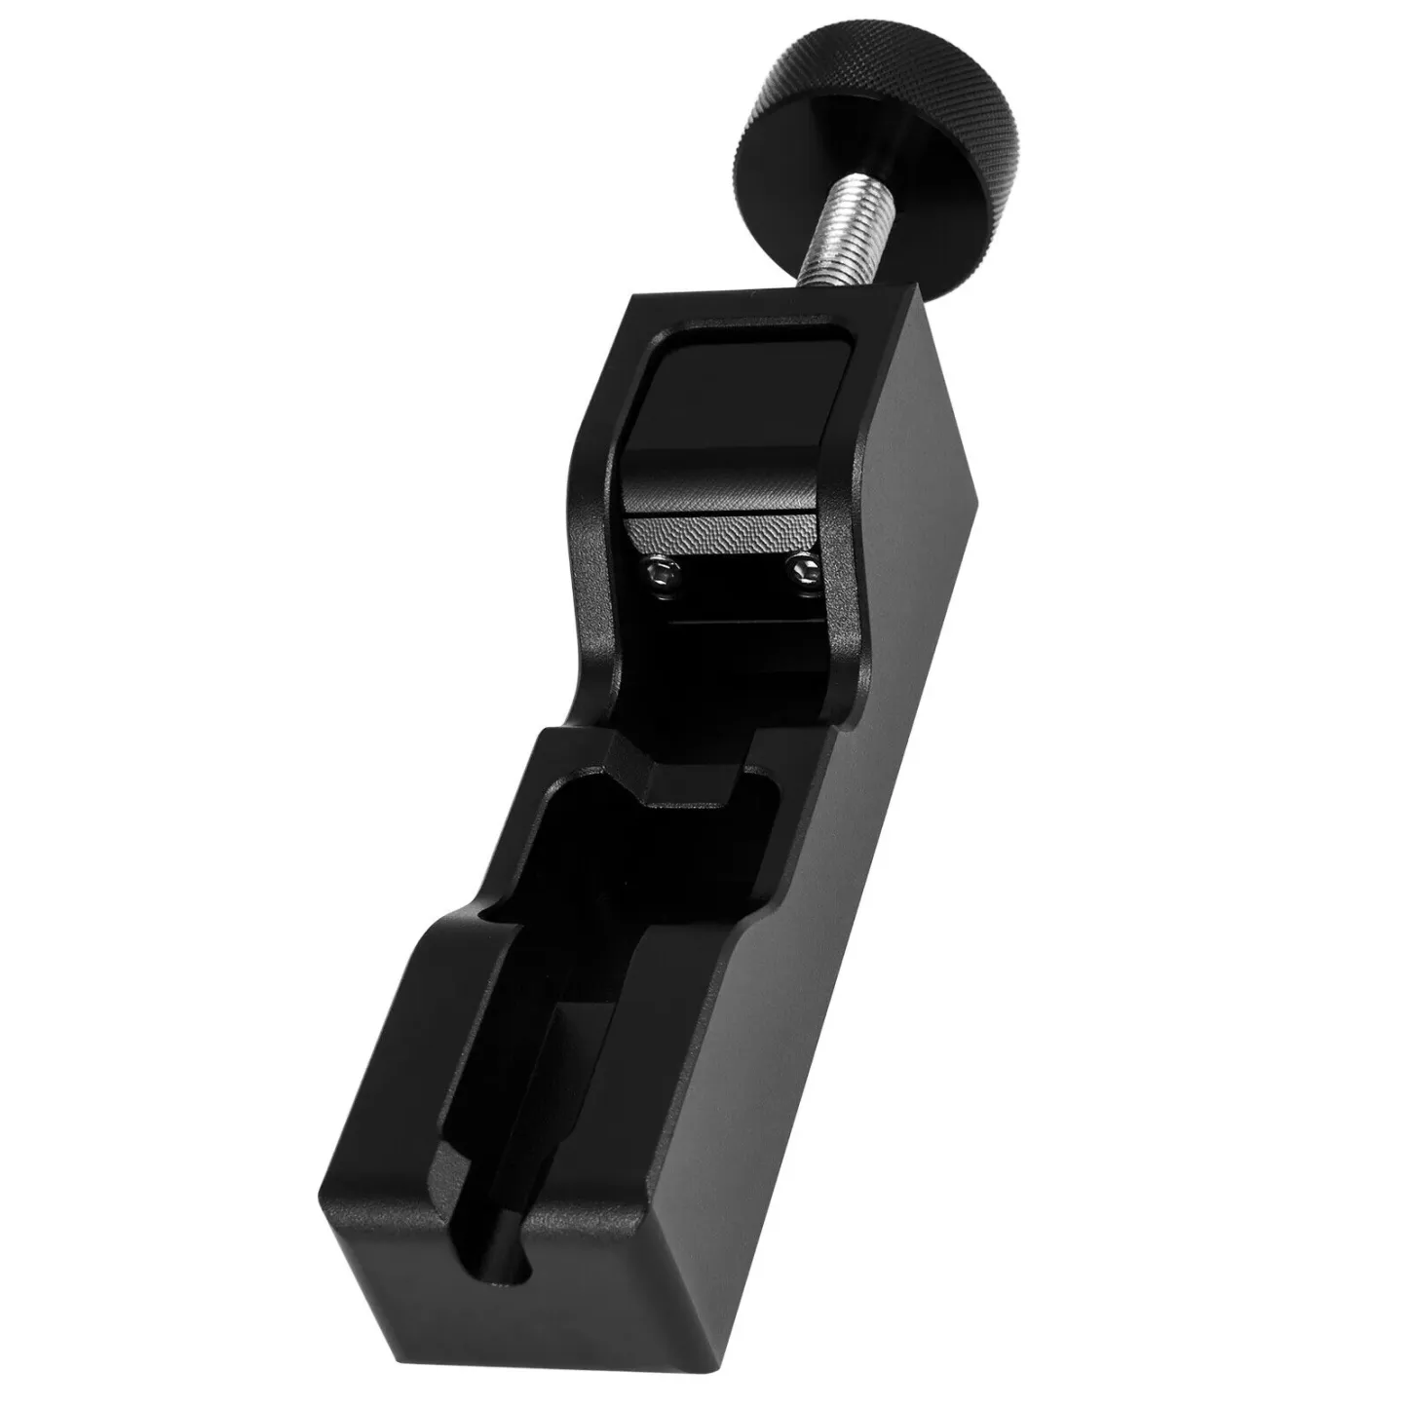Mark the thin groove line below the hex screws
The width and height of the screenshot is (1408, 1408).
pyautogui.click(x=741, y=618)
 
